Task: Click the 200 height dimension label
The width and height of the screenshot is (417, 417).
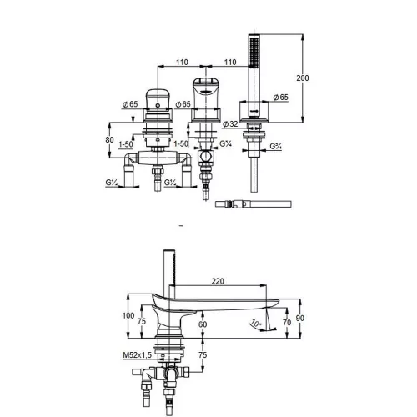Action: [x=303, y=78]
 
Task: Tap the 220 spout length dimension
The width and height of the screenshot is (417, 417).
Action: [x=218, y=281]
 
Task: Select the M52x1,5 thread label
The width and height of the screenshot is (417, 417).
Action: [x=138, y=355]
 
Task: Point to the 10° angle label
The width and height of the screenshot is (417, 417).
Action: [x=256, y=324]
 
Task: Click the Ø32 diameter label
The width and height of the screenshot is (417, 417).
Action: [x=230, y=124]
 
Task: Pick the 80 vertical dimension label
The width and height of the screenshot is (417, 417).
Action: [x=109, y=139]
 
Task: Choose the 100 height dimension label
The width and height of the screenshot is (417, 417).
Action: [x=128, y=315]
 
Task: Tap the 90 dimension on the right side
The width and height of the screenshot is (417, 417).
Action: [x=300, y=318]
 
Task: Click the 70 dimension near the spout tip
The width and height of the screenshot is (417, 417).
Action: [x=287, y=322]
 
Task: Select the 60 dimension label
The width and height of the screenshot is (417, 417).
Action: [x=203, y=324]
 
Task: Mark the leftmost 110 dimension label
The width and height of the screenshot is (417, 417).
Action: [x=182, y=62]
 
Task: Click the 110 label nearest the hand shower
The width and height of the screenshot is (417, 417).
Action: [x=230, y=62]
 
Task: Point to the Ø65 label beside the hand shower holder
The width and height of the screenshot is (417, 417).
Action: [x=281, y=98]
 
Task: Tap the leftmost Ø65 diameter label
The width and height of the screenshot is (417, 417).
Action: [x=130, y=104]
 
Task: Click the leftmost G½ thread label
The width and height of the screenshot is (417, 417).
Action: [x=112, y=183]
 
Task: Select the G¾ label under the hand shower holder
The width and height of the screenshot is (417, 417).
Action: [x=276, y=146]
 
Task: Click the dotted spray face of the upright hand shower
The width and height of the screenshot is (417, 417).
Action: [x=253, y=53]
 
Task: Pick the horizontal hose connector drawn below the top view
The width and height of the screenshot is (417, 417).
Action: [x=254, y=204]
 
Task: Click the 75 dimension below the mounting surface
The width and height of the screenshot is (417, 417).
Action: [x=203, y=355]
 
